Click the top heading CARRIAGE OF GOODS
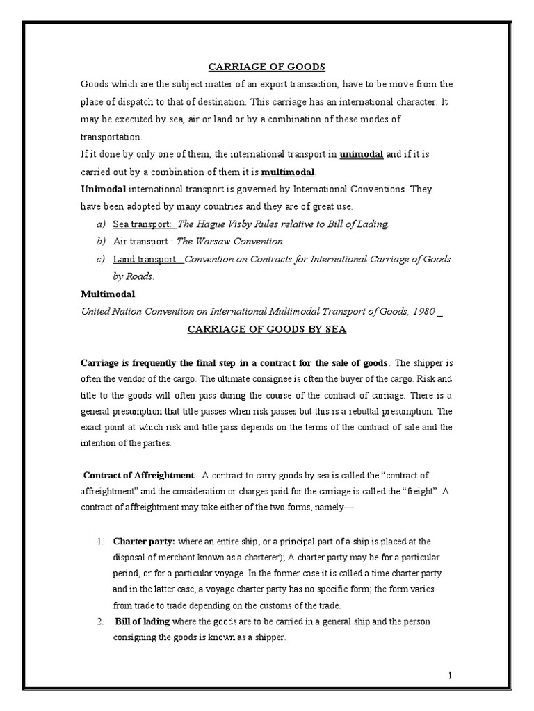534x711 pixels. click(267, 67)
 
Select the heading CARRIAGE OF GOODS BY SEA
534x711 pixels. click(267, 328)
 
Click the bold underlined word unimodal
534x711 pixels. click(361, 154)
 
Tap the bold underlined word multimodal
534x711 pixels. click(288, 172)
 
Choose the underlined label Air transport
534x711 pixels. click(144, 241)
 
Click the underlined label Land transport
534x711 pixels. click(147, 258)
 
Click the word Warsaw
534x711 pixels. click(213, 241)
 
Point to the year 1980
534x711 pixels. click(423, 311)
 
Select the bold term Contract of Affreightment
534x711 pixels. click(139, 475)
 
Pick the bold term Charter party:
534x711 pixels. click(144, 541)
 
